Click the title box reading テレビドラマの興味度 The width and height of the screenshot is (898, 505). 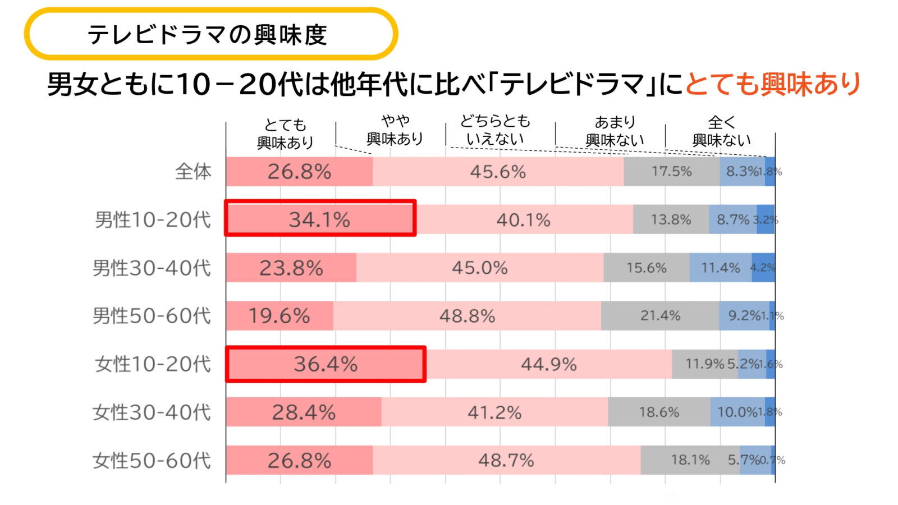[210, 34]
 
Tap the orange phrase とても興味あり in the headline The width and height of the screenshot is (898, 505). [773, 84]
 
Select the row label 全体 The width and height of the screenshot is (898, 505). [193, 171]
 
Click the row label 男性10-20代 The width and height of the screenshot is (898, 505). [153, 219]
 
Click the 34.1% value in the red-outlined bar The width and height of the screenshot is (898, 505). [319, 219]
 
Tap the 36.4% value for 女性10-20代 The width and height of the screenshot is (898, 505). [326, 364]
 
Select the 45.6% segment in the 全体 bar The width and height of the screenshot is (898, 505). [498, 171]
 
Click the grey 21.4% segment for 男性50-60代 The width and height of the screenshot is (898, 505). [660, 316]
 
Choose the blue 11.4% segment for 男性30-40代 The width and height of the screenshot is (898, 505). [721, 268]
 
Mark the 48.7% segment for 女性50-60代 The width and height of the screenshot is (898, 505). [506, 461]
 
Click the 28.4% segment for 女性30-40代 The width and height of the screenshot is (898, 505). [304, 412]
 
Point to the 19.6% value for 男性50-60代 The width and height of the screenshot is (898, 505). [279, 316]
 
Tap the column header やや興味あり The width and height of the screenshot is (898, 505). [395, 130]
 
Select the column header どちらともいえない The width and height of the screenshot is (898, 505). [495, 130]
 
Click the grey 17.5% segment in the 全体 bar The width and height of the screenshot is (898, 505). [671, 171]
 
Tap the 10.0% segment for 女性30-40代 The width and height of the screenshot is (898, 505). [737, 412]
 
